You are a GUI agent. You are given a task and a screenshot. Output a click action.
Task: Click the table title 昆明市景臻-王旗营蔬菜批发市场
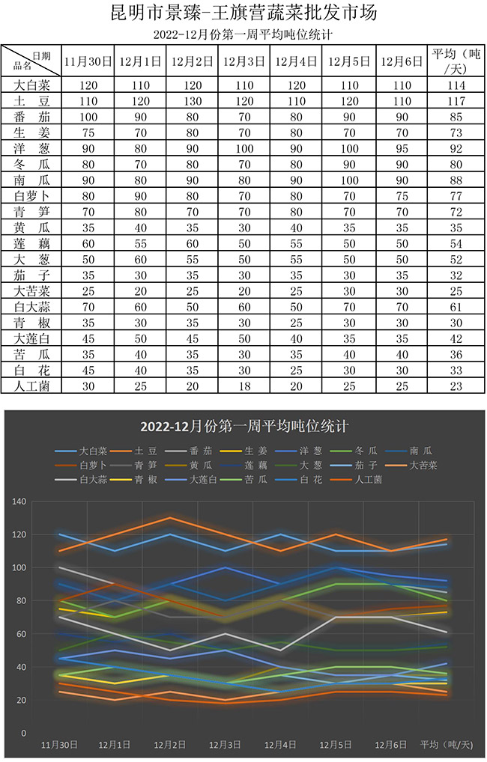[x=243, y=13]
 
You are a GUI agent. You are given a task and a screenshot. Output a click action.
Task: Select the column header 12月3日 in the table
[x=243, y=61]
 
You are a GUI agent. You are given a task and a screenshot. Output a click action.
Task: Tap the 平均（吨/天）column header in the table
[x=456, y=61]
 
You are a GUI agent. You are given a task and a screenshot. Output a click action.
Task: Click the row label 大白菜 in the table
[x=31, y=85]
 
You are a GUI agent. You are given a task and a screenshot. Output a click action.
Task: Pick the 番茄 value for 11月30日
[x=88, y=117]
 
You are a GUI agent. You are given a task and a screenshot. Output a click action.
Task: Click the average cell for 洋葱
[x=456, y=148]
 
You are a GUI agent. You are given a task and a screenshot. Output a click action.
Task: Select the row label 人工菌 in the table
[x=31, y=385]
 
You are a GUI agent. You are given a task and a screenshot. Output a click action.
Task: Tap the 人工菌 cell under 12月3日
[x=243, y=385]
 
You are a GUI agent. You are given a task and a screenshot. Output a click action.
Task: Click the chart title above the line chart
[x=244, y=427]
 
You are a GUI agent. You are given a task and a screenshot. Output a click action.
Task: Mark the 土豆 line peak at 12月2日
[x=170, y=518]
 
